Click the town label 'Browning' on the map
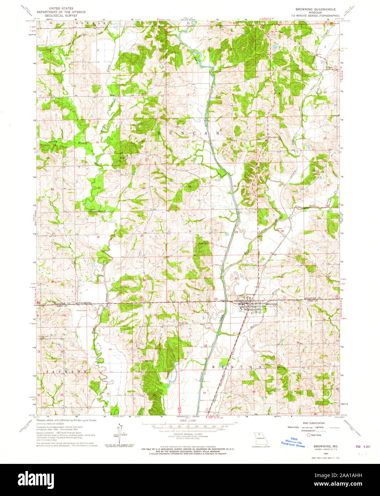pyautogui.click(x=271, y=304)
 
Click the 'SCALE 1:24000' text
pyautogui.click(x=189, y=421)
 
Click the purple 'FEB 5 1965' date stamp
pyautogui.click(x=363, y=446)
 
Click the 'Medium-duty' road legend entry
pyautogui.click(x=292, y=427)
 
